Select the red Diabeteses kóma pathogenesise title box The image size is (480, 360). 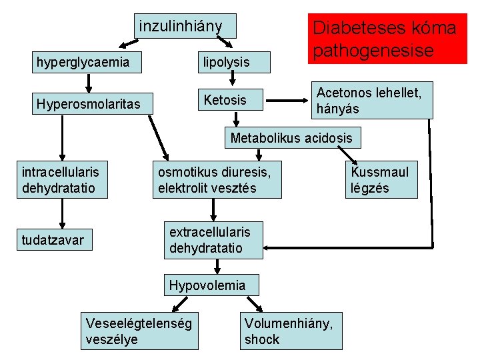point(387,38)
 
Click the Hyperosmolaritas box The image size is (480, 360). point(89,105)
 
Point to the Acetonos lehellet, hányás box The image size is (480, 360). point(372,100)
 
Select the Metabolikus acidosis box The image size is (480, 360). point(292,138)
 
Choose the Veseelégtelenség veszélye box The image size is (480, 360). point(139,331)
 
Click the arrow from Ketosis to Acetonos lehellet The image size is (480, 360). point(288,101)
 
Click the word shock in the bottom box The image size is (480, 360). point(262,339)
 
